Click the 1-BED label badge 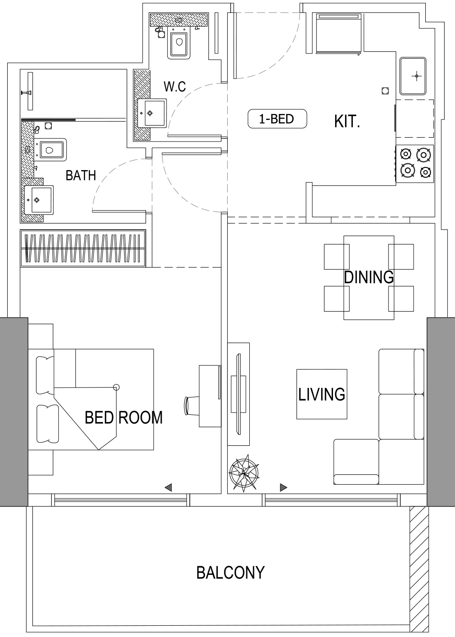[x=277, y=119]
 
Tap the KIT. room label [x=347, y=122]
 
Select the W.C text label [x=175, y=87]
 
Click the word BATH [x=81, y=176]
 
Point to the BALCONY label [x=230, y=573]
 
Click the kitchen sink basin [x=413, y=76]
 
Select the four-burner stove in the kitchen [x=415, y=164]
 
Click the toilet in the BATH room [x=52, y=150]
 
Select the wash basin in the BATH [x=39, y=200]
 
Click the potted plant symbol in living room [x=244, y=473]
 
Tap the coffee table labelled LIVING [x=322, y=394]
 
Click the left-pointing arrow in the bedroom [x=169, y=488]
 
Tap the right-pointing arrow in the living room [x=283, y=488]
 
